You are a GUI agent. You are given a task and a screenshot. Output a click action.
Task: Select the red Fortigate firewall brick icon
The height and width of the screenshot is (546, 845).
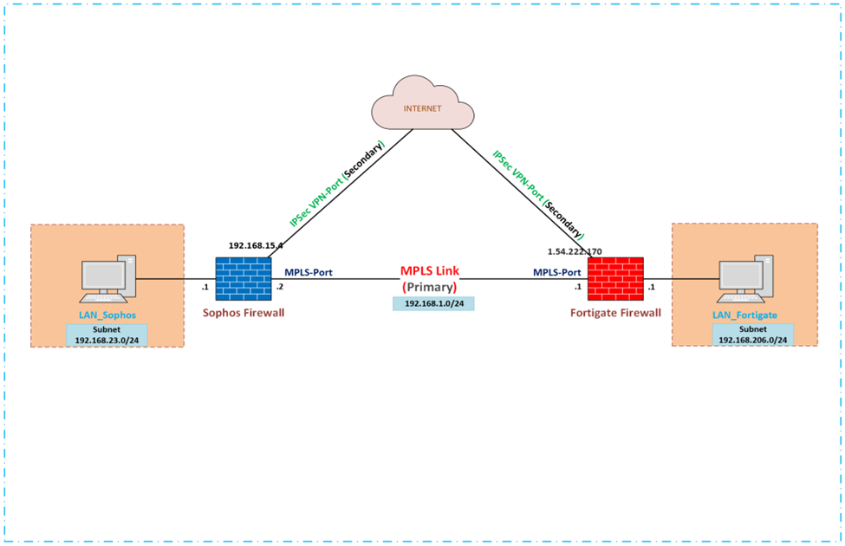coord(614,279)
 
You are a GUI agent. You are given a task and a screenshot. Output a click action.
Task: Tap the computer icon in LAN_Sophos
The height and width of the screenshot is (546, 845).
coord(108,277)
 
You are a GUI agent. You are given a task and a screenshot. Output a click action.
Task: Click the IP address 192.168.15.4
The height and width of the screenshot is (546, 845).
coord(257,246)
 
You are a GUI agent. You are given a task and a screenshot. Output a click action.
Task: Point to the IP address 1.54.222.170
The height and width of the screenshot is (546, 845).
coord(574,251)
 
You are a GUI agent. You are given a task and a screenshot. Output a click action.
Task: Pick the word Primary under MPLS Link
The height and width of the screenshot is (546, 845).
coord(432,287)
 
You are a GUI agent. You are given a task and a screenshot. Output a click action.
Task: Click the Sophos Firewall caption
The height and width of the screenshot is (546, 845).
coord(244,313)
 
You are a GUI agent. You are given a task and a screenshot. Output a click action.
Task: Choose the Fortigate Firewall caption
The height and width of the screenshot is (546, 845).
coord(616,313)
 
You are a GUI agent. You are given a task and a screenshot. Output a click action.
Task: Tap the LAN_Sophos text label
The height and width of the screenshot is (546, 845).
coord(107,315)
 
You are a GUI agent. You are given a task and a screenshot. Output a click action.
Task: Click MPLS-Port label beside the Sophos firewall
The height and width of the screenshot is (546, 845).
coord(309,272)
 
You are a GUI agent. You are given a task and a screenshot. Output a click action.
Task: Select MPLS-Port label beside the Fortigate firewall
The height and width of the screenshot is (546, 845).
coord(556,272)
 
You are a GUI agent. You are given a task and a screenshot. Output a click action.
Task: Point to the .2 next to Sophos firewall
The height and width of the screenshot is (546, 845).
coord(279,286)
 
